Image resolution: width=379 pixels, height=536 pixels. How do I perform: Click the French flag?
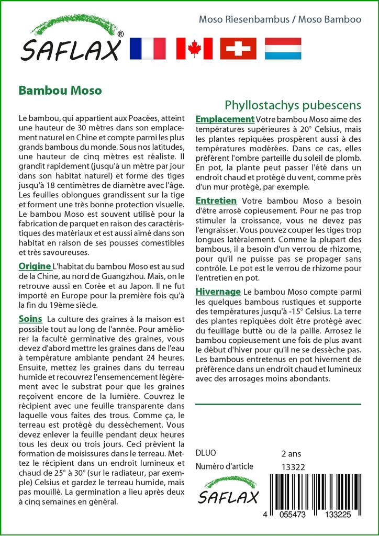(147, 48)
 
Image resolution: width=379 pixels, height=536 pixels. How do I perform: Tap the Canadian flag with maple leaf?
(194, 48)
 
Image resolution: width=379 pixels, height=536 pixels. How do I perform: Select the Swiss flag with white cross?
(238, 48)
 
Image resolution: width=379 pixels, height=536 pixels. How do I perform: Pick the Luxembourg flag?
(283, 48)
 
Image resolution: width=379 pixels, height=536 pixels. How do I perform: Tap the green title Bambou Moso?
(60, 90)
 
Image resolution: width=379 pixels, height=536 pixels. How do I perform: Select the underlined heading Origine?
(35, 265)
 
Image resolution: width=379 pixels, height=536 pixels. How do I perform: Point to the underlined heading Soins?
(30, 318)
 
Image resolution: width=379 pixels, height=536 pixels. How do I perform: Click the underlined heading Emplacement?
(225, 119)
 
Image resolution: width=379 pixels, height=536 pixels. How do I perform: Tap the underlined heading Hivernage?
(218, 292)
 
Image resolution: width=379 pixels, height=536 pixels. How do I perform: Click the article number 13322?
(293, 467)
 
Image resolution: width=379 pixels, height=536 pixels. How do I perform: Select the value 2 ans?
(291, 453)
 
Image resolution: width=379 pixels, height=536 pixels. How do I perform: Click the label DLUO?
(206, 453)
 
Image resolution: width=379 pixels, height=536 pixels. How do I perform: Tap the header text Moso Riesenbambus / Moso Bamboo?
(280, 19)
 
